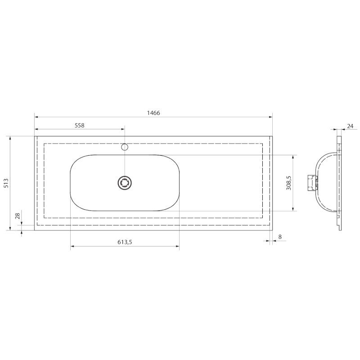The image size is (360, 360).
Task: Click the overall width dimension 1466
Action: point(153,113)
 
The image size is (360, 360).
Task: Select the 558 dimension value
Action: point(80,126)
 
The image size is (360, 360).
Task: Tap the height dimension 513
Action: point(6,183)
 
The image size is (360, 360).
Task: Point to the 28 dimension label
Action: point(18,216)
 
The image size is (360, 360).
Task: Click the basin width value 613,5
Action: point(125,242)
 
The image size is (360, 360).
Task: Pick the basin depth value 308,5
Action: point(289,183)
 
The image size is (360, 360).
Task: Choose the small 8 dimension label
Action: point(280,237)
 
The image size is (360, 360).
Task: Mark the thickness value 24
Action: point(350,126)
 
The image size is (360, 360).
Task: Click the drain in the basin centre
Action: point(125,183)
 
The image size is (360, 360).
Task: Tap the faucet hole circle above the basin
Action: point(125,147)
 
